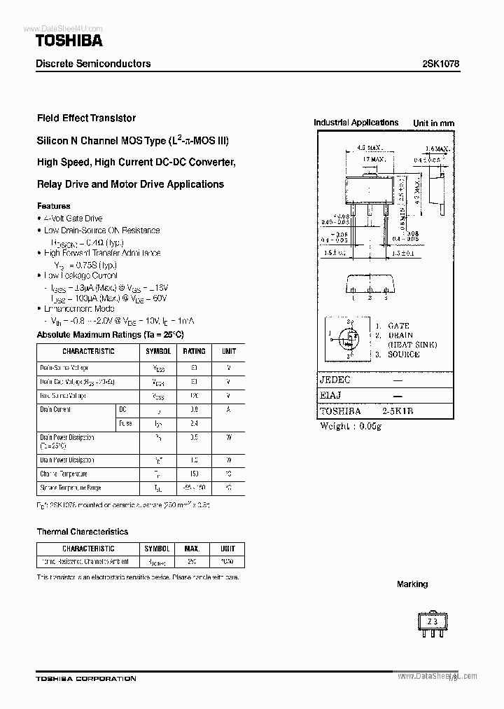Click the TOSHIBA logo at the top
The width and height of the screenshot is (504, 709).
[69, 41]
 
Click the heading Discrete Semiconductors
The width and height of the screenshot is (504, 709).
[93, 63]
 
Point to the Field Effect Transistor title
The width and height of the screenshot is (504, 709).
[86, 118]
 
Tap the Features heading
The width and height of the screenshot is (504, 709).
[53, 206]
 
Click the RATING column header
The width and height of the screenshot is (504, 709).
[194, 351]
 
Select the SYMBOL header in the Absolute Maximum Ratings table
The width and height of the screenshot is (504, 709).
[157, 351]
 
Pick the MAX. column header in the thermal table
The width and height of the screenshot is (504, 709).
[192, 549]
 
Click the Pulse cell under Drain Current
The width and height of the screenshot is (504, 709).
[126, 423]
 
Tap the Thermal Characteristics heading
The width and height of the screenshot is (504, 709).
[82, 532]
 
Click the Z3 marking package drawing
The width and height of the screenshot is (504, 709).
[432, 622]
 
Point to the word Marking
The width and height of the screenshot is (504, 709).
[412, 584]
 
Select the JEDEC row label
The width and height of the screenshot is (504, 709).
[335, 380]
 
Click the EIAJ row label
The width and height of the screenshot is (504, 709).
[331, 396]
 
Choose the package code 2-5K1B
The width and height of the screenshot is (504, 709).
[398, 412]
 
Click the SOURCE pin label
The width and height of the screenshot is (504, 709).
[403, 354]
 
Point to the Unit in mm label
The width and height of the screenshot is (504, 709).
[433, 123]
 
